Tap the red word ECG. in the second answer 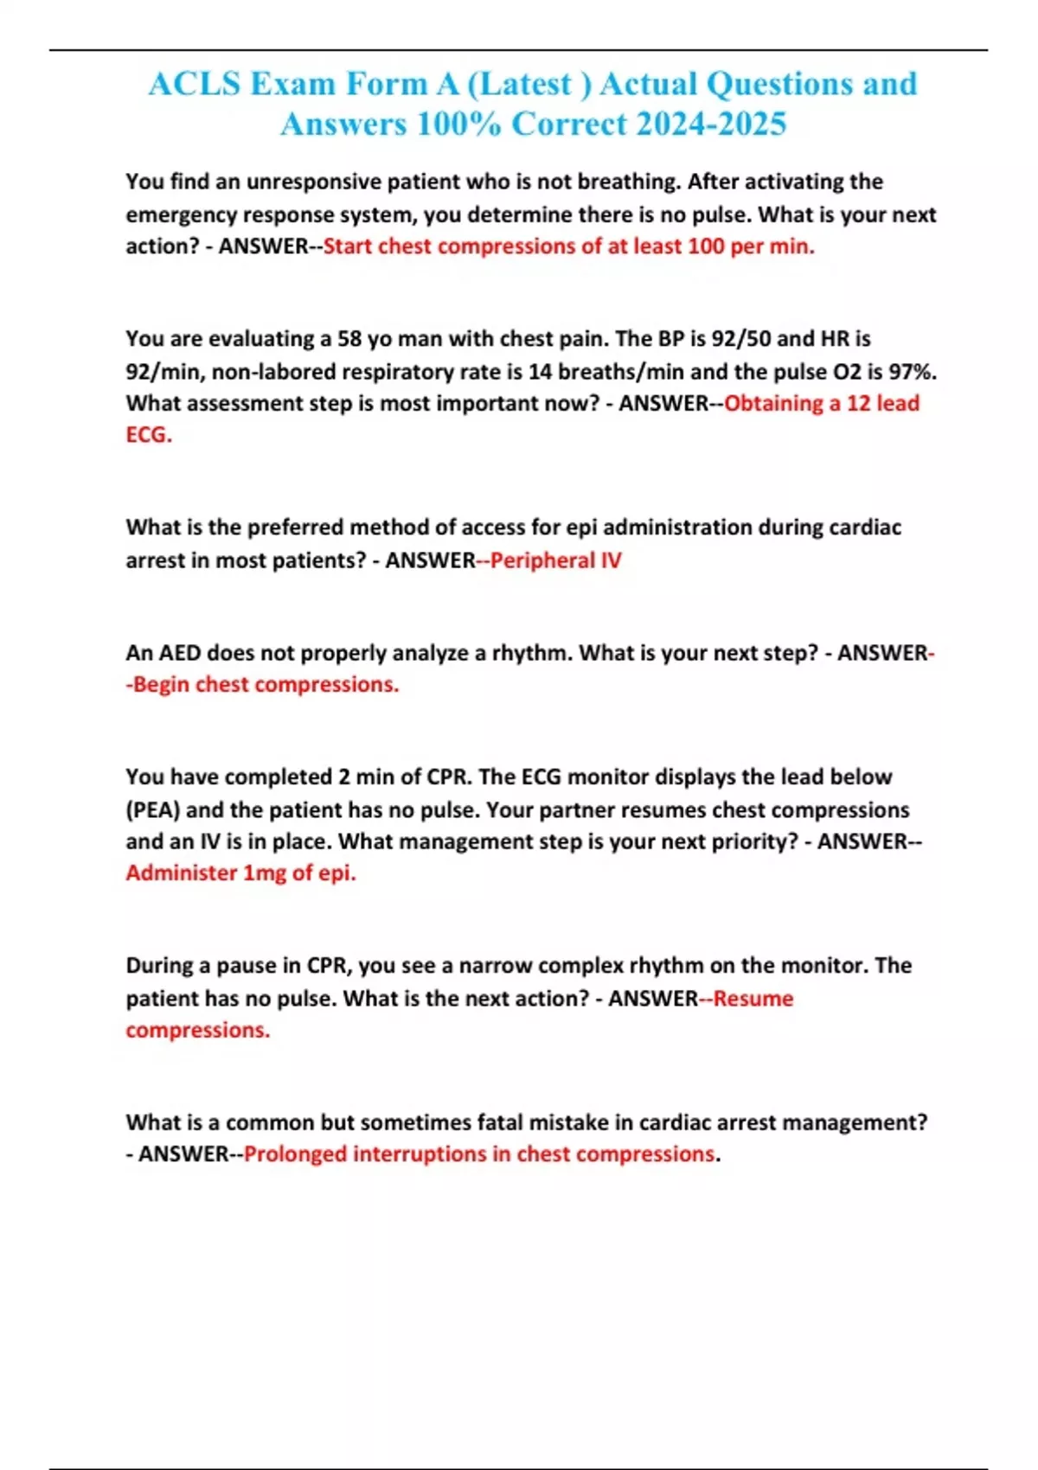pyautogui.click(x=149, y=435)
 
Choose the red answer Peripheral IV pyautogui.click(x=555, y=560)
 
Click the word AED pyautogui.click(x=178, y=653)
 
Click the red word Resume pyautogui.click(x=753, y=999)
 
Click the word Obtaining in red pyautogui.click(x=773, y=404)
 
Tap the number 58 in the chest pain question pyautogui.click(x=349, y=338)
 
